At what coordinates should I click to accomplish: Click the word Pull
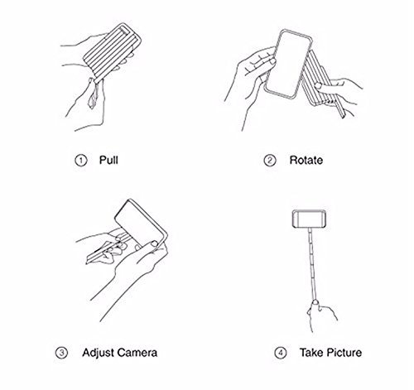coord(108,160)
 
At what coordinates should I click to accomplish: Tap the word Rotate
coord(306,161)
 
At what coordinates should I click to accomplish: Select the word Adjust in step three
coord(98,353)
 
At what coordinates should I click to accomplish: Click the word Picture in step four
coord(344,353)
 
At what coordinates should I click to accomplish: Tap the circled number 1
coord(81,161)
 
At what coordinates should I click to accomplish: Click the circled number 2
coord(270,161)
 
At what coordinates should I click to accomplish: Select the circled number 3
coord(61,353)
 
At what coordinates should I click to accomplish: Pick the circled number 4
coord(281,353)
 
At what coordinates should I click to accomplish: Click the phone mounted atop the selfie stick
coord(310,219)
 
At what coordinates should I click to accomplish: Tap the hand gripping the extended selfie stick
coord(320,315)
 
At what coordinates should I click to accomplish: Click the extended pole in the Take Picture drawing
coord(312,264)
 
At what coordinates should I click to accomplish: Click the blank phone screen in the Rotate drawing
coord(287,64)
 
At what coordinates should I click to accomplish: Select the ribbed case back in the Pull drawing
coord(113,52)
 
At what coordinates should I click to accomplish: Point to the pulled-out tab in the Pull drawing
coord(94,94)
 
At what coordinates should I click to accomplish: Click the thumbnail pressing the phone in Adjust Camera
coord(153,243)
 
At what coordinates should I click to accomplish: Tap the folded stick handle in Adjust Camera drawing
coord(106,251)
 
